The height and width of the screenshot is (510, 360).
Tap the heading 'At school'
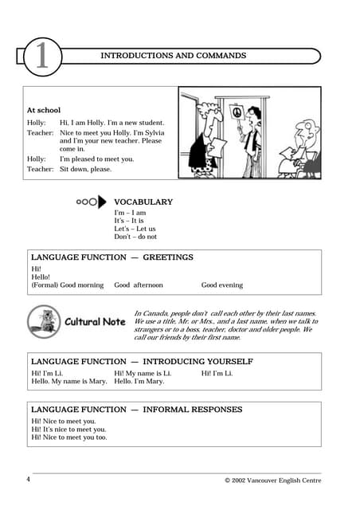click(44, 110)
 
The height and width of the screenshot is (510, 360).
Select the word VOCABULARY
click(143, 202)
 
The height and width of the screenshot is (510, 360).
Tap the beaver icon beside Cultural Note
click(44, 320)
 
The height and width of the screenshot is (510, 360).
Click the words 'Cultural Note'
click(95, 322)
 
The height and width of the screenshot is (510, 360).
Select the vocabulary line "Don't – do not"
click(135, 237)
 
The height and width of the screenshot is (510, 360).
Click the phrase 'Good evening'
click(221, 284)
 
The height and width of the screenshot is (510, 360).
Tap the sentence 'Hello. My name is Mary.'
click(69, 382)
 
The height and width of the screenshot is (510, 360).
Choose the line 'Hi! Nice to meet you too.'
click(68, 437)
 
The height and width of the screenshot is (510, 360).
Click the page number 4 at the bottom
click(28, 480)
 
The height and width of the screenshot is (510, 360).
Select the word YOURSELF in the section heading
click(226, 362)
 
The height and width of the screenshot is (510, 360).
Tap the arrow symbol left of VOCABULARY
click(91, 202)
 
